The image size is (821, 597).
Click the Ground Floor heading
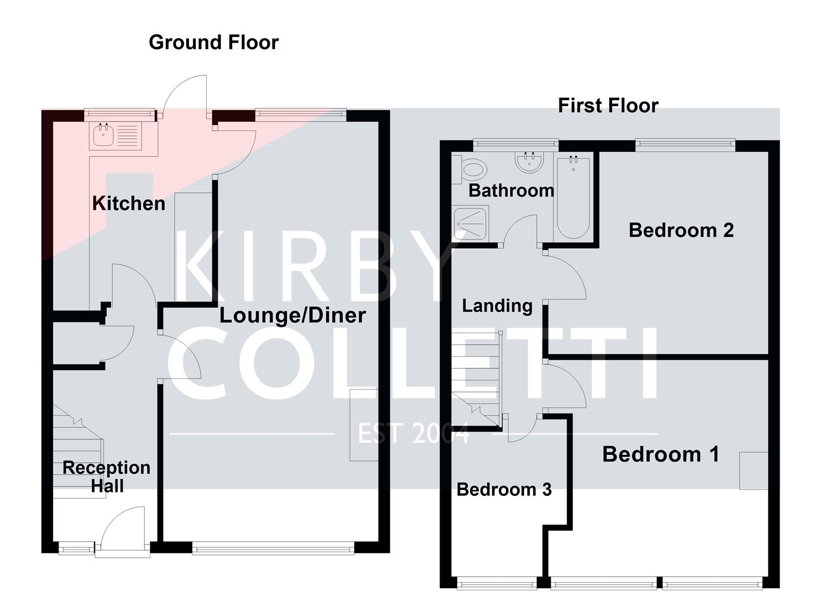[x=213, y=43]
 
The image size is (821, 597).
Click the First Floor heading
[x=608, y=106]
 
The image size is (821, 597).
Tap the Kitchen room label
[x=128, y=203]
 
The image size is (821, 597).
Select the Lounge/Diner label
[x=292, y=315]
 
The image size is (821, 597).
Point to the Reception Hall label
[x=106, y=476]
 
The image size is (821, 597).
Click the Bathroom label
[x=511, y=191]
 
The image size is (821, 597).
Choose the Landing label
[x=497, y=306]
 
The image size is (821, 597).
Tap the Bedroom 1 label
[x=661, y=454]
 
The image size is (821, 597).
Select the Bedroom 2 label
[x=681, y=230]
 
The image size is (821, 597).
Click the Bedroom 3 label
[x=504, y=490]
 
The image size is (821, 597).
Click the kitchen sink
[x=103, y=134]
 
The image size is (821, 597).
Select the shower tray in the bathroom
[x=470, y=223]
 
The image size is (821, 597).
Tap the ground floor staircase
[x=77, y=453]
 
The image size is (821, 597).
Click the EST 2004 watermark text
[x=414, y=433]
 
